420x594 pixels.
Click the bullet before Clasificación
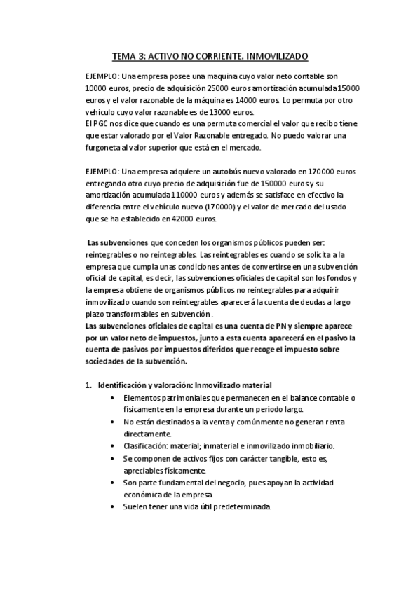point(114,445)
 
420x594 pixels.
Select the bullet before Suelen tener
point(114,506)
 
